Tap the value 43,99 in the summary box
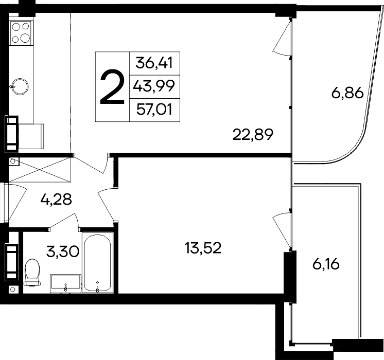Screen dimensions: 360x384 point(154,86)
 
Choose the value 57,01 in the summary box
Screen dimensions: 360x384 point(154,109)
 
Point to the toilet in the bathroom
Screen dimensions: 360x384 point(32,273)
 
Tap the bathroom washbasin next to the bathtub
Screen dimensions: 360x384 point(65,283)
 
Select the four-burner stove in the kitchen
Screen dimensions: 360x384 point(20,32)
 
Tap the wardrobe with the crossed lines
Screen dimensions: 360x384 point(39,169)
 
